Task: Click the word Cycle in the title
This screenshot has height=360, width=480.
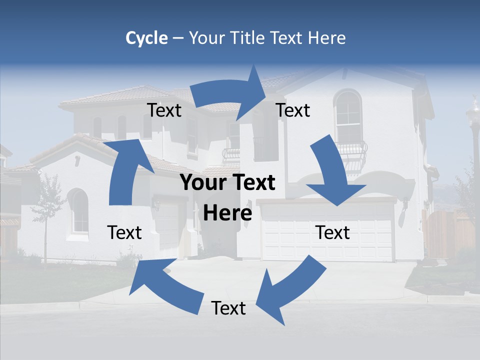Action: [x=146, y=38]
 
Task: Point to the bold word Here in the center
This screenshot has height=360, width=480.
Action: [x=227, y=213]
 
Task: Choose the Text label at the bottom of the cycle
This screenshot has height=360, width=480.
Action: [x=228, y=308]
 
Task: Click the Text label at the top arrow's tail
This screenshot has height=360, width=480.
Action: [x=164, y=110]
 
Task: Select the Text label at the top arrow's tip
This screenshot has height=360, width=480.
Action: [x=293, y=110]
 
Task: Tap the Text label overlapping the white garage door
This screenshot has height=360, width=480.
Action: [x=332, y=232]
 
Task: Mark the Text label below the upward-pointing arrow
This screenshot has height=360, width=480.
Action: [x=124, y=232]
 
